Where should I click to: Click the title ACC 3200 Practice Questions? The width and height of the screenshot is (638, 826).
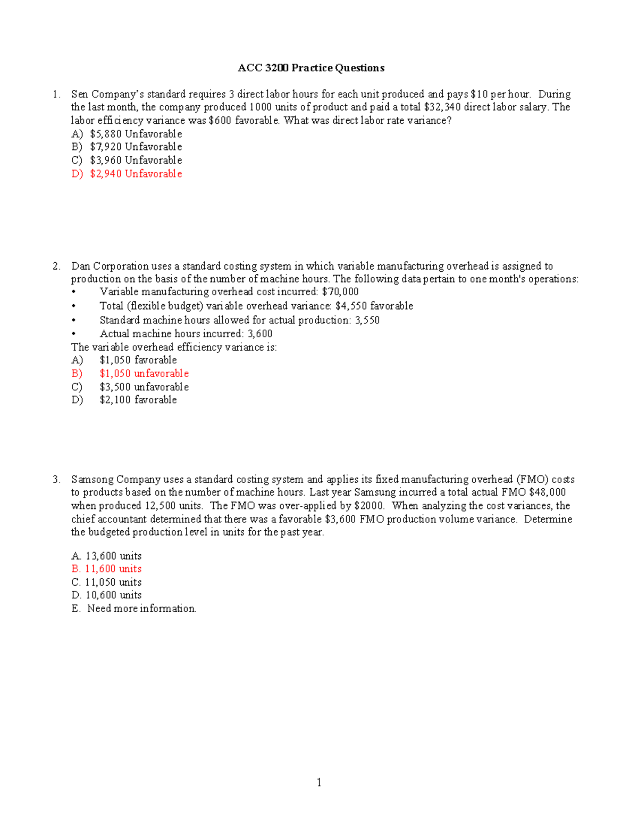(x=311, y=68)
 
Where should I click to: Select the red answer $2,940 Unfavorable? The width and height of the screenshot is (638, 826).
(x=136, y=174)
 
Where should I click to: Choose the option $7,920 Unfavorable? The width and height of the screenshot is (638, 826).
(x=136, y=147)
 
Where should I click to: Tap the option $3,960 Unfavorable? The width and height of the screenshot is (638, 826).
(x=136, y=160)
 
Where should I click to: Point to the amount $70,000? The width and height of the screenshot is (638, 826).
(x=340, y=292)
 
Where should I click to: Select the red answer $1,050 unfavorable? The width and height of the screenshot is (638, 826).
(x=144, y=374)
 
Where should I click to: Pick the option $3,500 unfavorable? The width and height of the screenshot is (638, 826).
(x=144, y=387)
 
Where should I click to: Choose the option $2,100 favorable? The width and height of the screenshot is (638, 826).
(x=138, y=400)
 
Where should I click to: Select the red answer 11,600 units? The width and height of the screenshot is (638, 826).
(x=113, y=569)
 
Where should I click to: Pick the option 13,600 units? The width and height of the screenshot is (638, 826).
(x=113, y=556)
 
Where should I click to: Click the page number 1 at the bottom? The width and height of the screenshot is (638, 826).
(x=319, y=782)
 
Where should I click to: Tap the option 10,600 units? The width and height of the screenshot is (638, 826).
(x=113, y=595)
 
